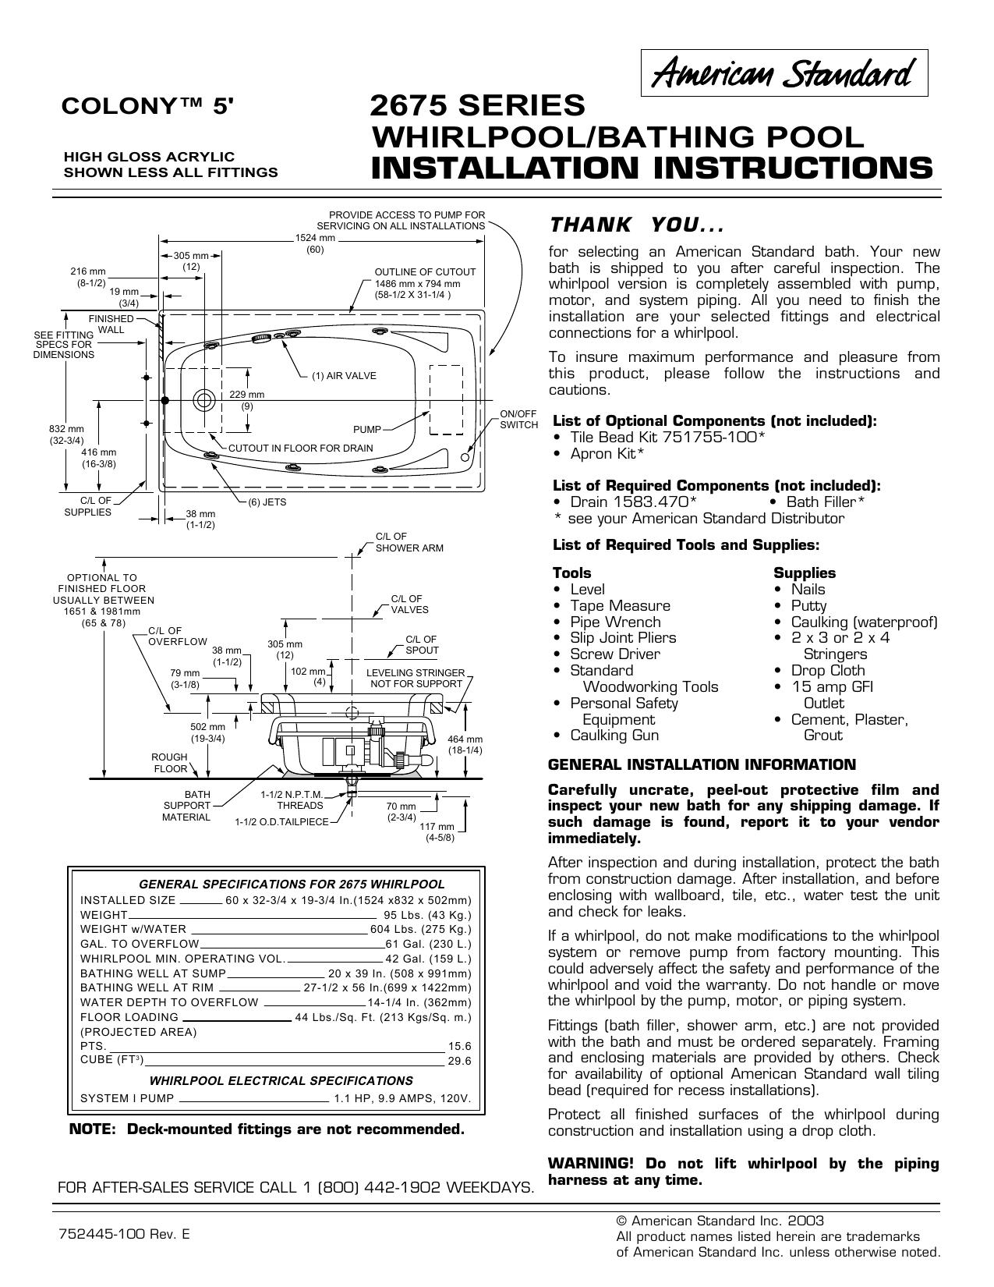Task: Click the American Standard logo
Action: [x=784, y=73]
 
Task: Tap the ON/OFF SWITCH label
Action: [x=518, y=420]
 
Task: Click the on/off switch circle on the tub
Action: [x=465, y=457]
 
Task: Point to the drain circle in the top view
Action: [x=203, y=400]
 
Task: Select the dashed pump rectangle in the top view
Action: [x=446, y=400]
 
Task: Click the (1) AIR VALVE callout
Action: [x=344, y=376]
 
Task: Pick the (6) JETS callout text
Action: [x=267, y=502]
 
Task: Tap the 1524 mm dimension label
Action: [x=315, y=243]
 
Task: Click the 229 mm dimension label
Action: [x=247, y=400]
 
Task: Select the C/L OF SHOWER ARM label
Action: [x=409, y=543]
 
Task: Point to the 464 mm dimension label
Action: [x=465, y=744]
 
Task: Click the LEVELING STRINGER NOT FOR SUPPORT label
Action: [x=416, y=678]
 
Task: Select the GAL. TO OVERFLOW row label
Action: [x=140, y=944]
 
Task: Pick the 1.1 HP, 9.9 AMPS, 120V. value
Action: [x=402, y=1099]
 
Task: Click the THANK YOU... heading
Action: [x=637, y=225]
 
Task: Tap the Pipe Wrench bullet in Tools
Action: [x=615, y=622]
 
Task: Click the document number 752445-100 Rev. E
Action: [x=123, y=1235]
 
